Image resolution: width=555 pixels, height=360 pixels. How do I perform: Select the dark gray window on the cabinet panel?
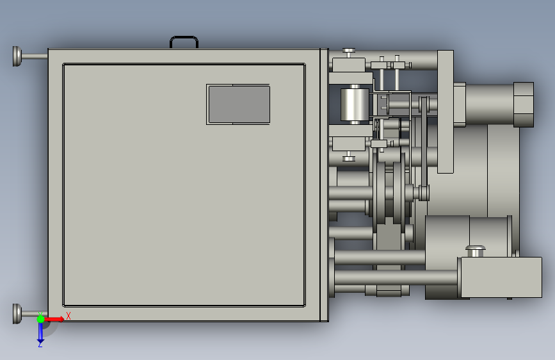(239, 104)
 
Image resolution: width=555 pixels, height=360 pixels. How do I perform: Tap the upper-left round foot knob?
(17, 56)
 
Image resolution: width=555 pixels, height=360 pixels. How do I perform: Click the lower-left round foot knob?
(17, 314)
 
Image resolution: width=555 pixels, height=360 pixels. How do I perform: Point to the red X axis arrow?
(54, 319)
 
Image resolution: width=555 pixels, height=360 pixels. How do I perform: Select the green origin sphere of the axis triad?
(41, 319)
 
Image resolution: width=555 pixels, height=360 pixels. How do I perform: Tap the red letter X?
(68, 316)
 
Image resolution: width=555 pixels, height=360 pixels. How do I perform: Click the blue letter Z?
(40, 344)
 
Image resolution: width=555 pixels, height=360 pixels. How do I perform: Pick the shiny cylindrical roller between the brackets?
(355, 104)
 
